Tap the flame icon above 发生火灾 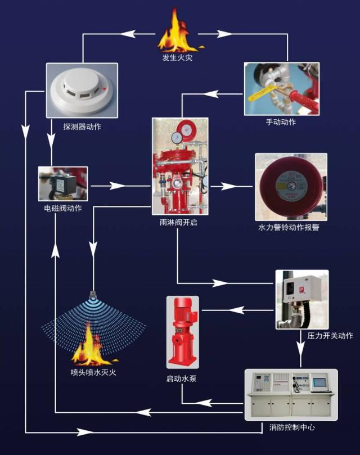[x=177, y=33]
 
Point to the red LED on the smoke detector [x=105, y=88]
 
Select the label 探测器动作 [x=82, y=127]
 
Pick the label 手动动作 [x=281, y=122]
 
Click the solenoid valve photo [x=62, y=183]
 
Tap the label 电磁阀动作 [x=62, y=209]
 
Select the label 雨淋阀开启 [x=178, y=222]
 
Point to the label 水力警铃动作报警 [x=289, y=228]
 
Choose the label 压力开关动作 [x=330, y=336]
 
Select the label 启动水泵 [x=181, y=379]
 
